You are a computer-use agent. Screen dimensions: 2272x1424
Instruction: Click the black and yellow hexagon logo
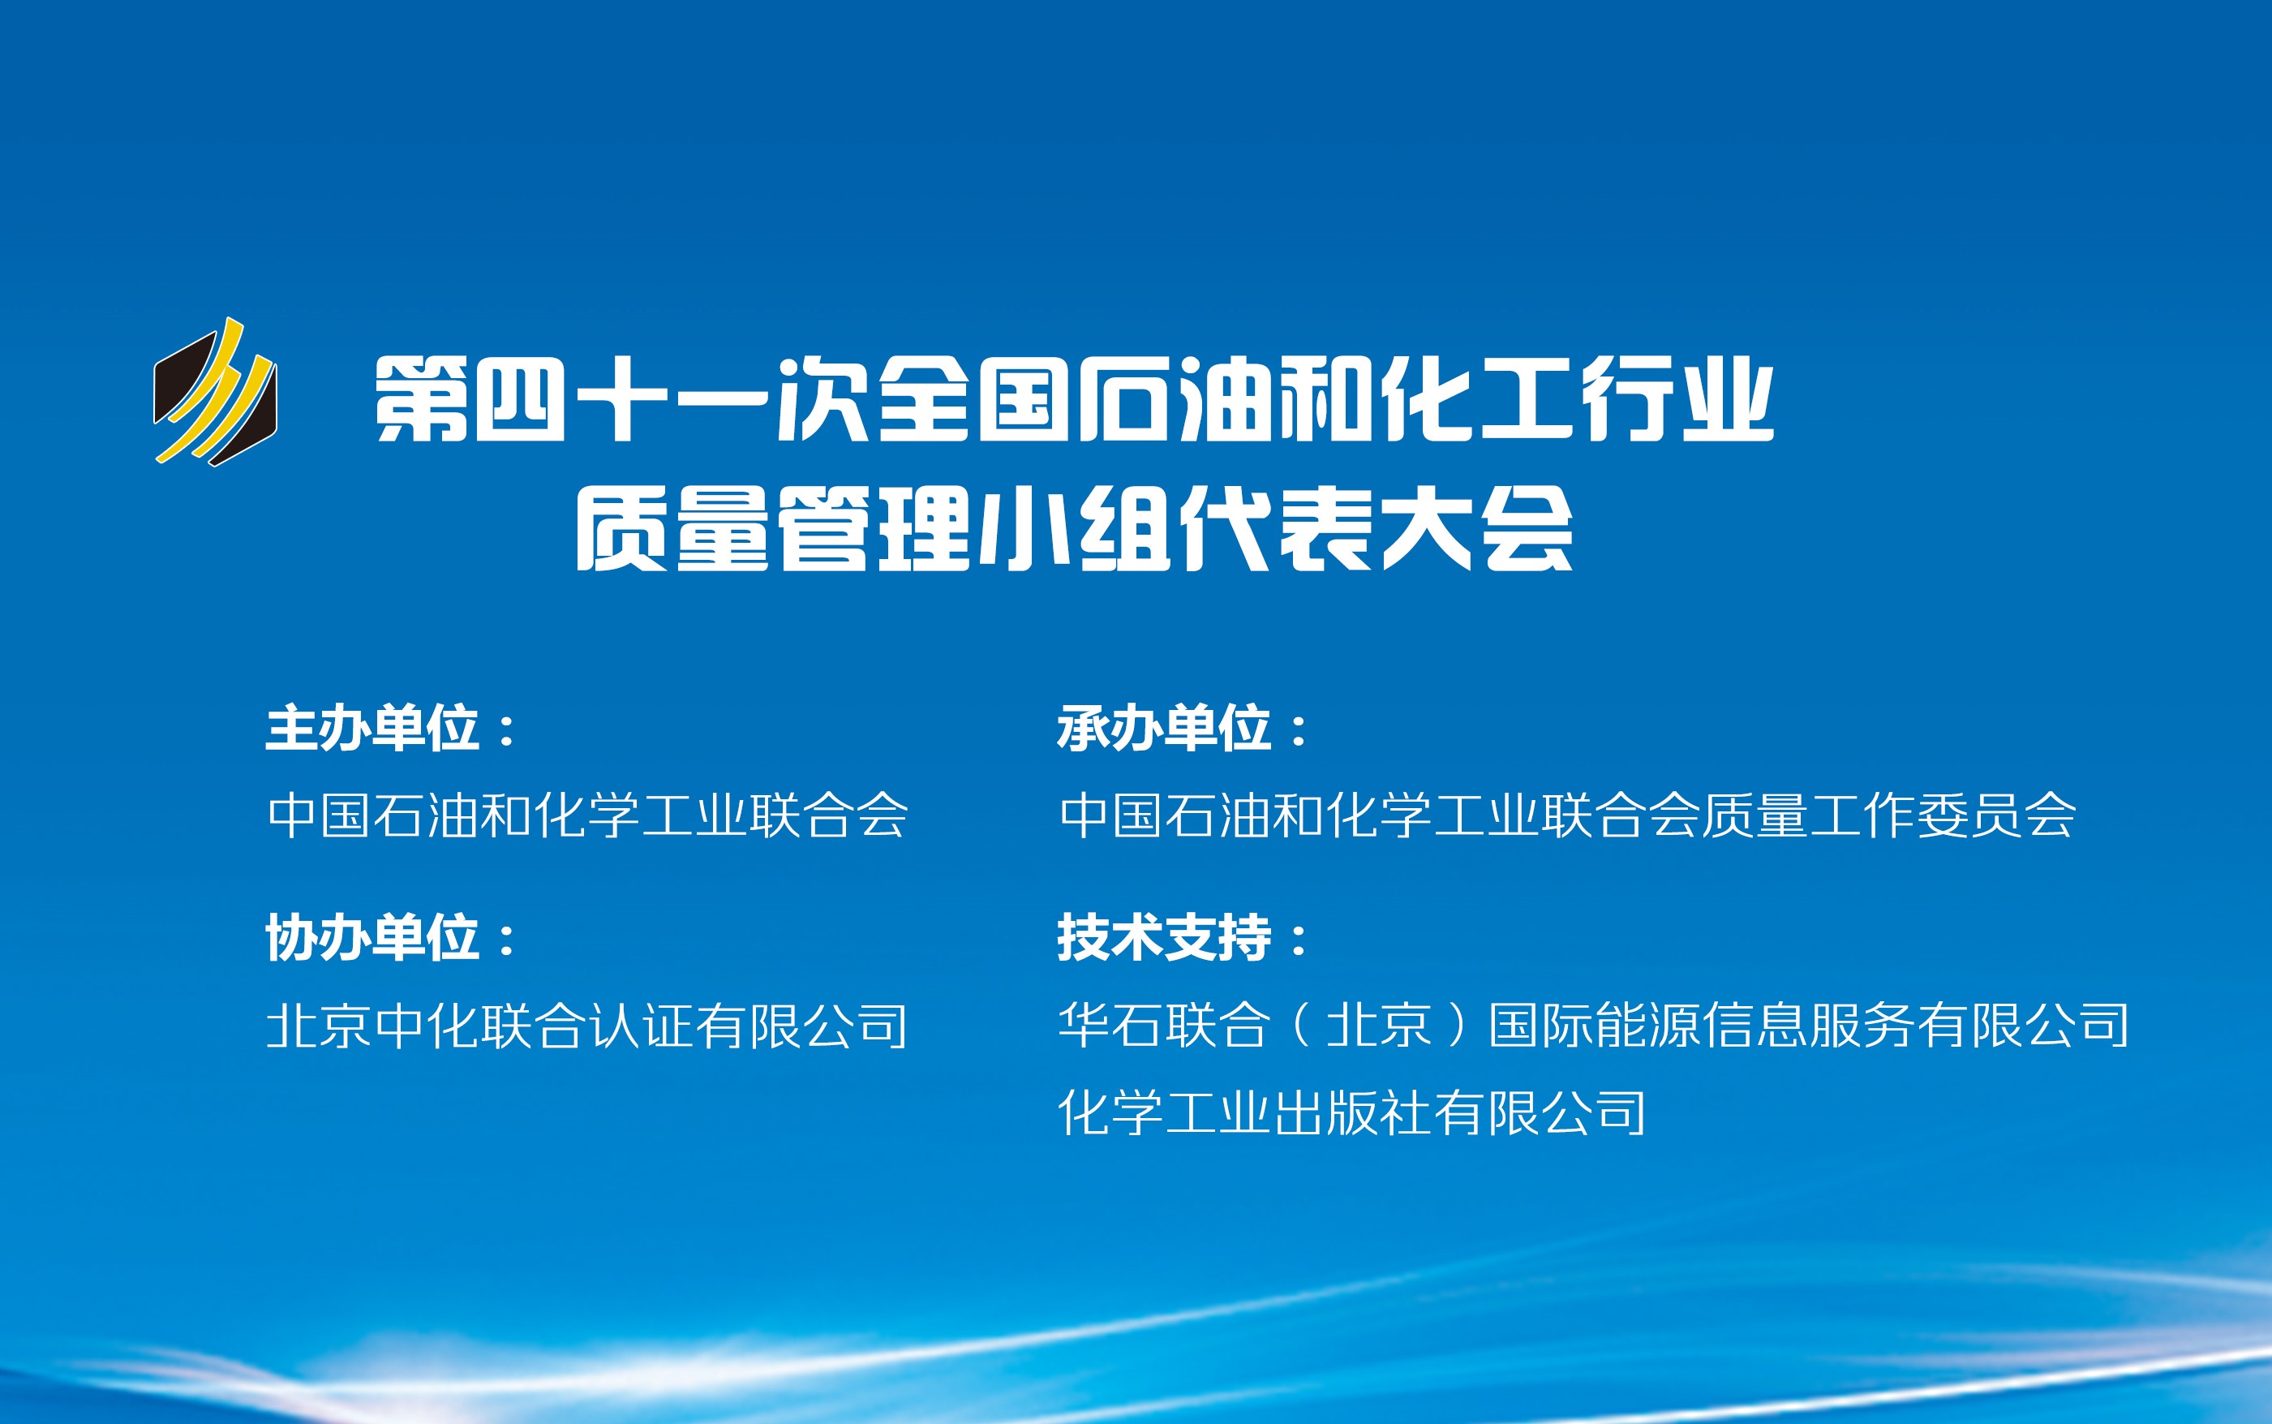click(216, 393)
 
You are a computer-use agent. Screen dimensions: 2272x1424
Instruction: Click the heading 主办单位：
click(390, 728)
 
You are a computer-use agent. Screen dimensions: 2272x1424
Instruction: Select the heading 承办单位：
click(1182, 728)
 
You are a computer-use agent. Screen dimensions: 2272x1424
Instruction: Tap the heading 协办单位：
click(390, 938)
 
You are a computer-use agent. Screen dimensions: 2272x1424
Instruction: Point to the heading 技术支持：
click(1182, 938)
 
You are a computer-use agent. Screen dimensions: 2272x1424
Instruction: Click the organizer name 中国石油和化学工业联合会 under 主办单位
click(588, 815)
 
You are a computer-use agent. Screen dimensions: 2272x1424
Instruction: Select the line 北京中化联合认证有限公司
click(587, 1025)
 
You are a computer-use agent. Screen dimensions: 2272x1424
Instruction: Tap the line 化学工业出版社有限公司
click(1352, 1112)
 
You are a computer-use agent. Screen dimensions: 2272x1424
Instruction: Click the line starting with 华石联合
click(1594, 1025)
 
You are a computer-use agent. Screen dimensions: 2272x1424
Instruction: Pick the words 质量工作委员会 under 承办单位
click(1889, 815)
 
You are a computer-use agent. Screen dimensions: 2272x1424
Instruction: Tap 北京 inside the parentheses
click(1380, 1025)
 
